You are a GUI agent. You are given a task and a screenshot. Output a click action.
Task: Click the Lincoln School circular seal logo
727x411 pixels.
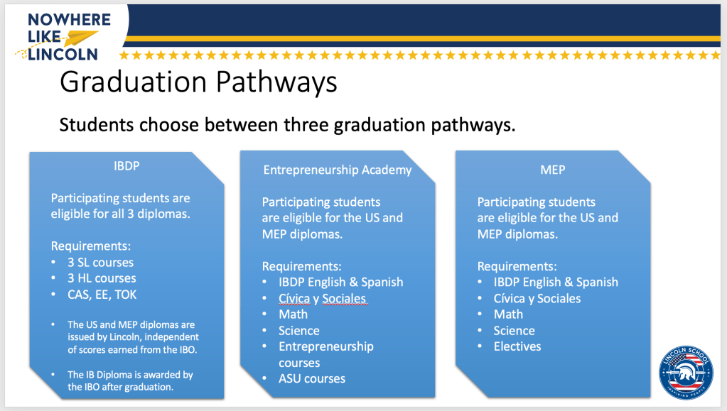686,372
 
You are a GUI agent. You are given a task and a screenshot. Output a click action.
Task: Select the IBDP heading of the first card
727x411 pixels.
126,166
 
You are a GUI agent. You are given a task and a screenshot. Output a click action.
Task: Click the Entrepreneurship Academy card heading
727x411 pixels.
338,170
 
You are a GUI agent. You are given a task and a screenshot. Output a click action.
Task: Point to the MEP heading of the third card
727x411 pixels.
553,170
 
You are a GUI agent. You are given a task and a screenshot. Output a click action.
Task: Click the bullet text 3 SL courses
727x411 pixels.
101,263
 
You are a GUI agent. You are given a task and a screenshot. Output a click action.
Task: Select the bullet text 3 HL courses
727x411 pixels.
102,278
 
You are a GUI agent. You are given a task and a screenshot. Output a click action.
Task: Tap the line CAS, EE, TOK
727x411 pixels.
102,295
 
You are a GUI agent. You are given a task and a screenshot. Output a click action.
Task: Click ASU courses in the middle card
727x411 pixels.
312,379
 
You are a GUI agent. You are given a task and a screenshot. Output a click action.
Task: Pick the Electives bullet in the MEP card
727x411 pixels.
517,346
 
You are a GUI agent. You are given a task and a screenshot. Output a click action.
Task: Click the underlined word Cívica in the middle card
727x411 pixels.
294,299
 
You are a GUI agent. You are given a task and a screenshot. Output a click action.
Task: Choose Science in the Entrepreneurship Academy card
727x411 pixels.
299,331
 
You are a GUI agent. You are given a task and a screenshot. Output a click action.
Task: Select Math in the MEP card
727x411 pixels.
508,314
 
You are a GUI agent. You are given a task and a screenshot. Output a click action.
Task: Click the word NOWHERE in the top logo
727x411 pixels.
70,19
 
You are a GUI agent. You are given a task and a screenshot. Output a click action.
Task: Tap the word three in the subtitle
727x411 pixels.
306,125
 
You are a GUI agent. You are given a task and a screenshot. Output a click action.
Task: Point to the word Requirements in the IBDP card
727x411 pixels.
91,246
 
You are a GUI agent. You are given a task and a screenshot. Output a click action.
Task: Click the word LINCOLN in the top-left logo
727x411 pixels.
63,54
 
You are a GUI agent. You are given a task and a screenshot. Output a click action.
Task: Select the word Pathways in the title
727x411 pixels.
276,82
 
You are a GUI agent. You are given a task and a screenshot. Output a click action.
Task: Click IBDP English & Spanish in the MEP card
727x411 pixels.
556,283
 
